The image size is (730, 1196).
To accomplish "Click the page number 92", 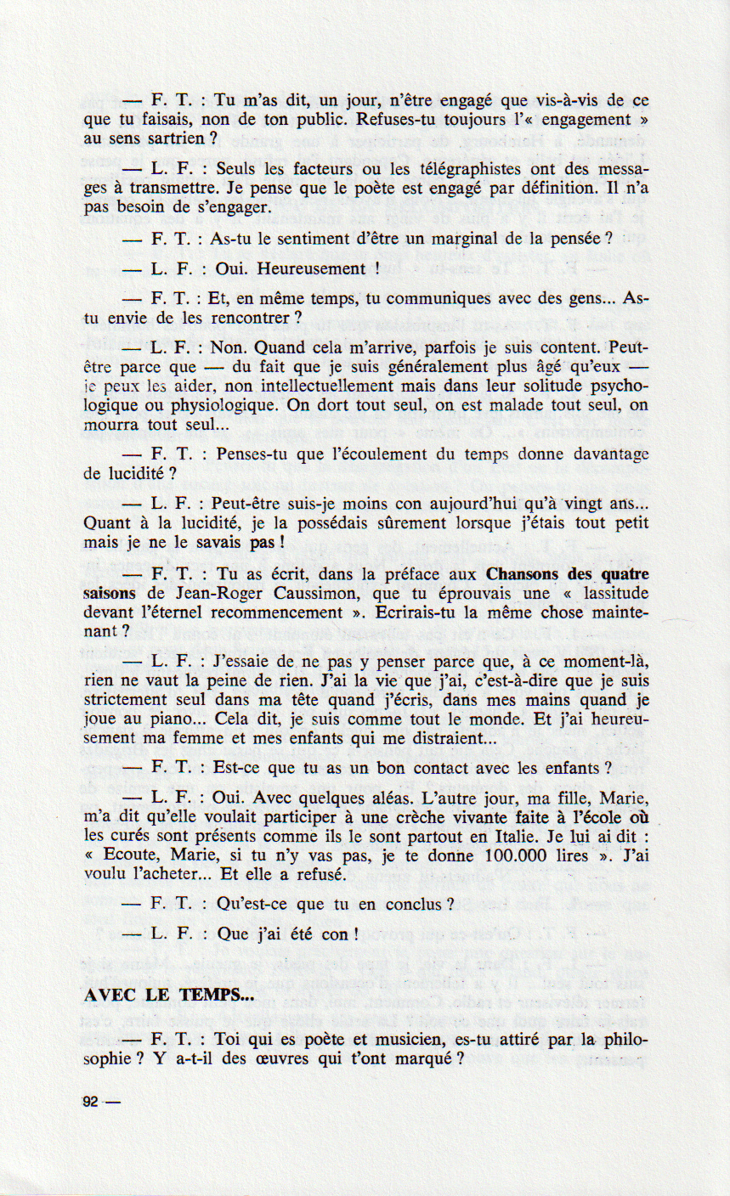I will [91, 1103].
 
